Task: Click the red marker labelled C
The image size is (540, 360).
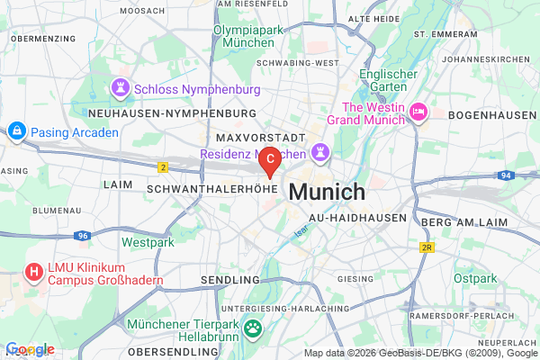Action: [x=270, y=160]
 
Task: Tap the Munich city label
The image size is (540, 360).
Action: [x=327, y=192]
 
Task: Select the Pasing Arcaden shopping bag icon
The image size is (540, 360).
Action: [x=16, y=132]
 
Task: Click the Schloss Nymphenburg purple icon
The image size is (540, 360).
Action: [x=120, y=89]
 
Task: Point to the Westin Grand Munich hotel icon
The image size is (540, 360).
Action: [x=418, y=112]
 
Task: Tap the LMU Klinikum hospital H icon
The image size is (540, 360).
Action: [x=34, y=271]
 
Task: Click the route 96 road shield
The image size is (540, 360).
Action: [x=82, y=236]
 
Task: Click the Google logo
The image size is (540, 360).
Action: [x=30, y=349]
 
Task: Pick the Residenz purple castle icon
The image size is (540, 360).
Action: [x=320, y=148]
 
